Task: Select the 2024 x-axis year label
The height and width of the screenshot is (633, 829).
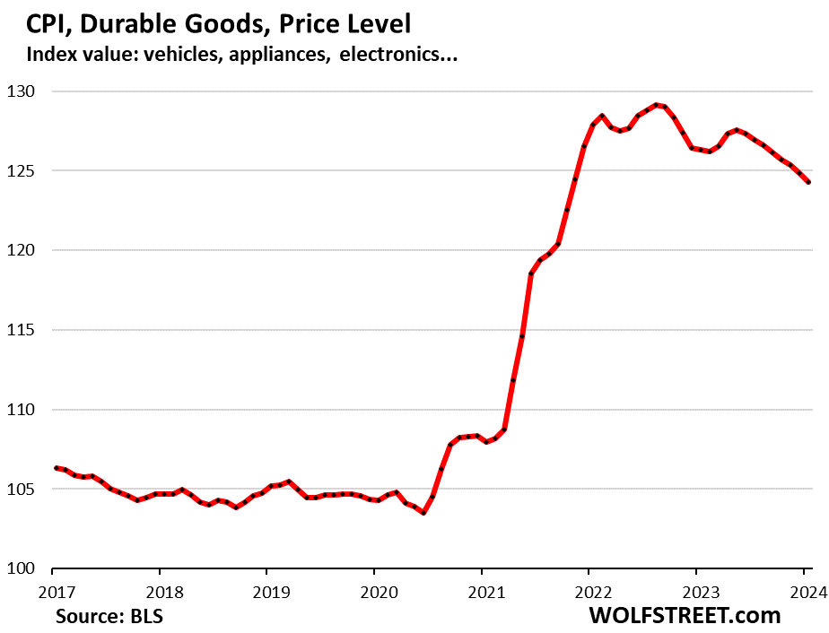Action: click(x=807, y=593)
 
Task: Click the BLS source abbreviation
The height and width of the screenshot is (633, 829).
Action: click(x=144, y=617)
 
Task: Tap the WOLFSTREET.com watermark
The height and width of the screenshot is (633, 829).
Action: click(x=685, y=616)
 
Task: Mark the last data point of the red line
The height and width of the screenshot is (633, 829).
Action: click(x=808, y=182)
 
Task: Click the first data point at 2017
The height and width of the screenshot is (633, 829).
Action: click(x=57, y=468)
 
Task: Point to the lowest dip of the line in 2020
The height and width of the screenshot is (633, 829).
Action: click(x=423, y=513)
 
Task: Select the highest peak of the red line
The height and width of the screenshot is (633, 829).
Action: click(x=655, y=105)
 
